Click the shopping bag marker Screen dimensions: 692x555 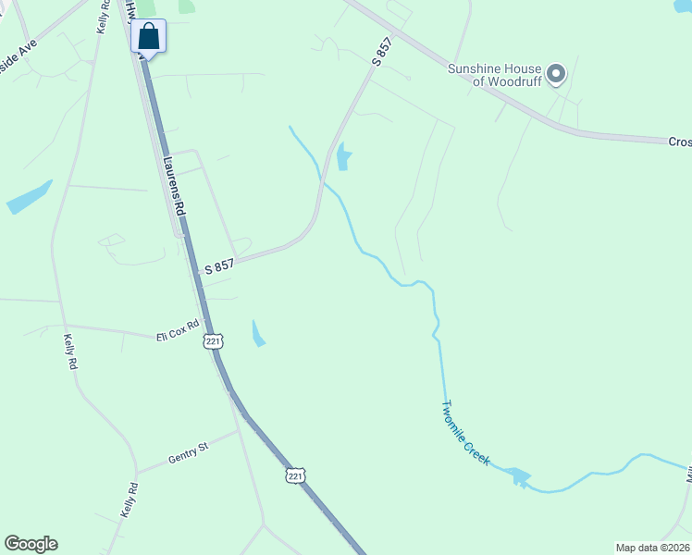(x=148, y=37)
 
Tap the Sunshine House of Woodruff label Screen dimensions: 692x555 (x=493, y=74)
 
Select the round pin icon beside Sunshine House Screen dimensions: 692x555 (x=556, y=73)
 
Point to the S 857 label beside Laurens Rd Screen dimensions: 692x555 (x=219, y=266)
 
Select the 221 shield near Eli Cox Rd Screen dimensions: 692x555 (x=214, y=341)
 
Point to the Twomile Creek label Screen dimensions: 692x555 (x=464, y=432)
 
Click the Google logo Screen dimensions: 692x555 (x=31, y=544)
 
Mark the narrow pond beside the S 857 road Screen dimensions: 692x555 (x=344, y=156)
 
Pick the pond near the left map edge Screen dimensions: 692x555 (x=29, y=197)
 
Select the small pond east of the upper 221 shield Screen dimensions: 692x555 (x=257, y=333)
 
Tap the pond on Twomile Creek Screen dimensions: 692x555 (x=518, y=476)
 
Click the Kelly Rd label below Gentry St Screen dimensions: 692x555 (x=130, y=500)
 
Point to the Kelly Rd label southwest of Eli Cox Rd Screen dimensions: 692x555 (x=69, y=351)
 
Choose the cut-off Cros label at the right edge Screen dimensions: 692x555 (x=680, y=142)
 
